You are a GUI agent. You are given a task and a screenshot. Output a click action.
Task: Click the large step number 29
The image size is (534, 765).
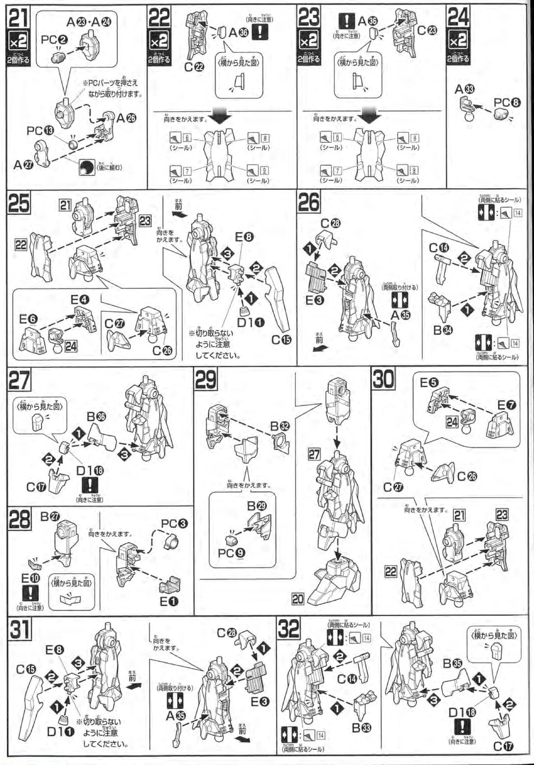tap(205, 380)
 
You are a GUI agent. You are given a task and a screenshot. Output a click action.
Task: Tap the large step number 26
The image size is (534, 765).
tap(309, 203)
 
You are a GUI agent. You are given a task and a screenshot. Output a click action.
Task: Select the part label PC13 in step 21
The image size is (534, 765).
tap(40, 131)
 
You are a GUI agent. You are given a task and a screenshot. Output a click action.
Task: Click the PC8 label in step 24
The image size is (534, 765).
tap(507, 103)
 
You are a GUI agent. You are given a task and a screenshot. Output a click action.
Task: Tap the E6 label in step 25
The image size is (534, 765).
tap(29, 319)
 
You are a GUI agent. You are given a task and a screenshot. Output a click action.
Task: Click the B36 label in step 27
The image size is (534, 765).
tap(96, 417)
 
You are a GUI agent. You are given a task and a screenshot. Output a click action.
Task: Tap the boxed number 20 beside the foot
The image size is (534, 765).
tap(298, 599)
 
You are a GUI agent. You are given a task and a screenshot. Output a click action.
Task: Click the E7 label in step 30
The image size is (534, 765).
tap(506, 405)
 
